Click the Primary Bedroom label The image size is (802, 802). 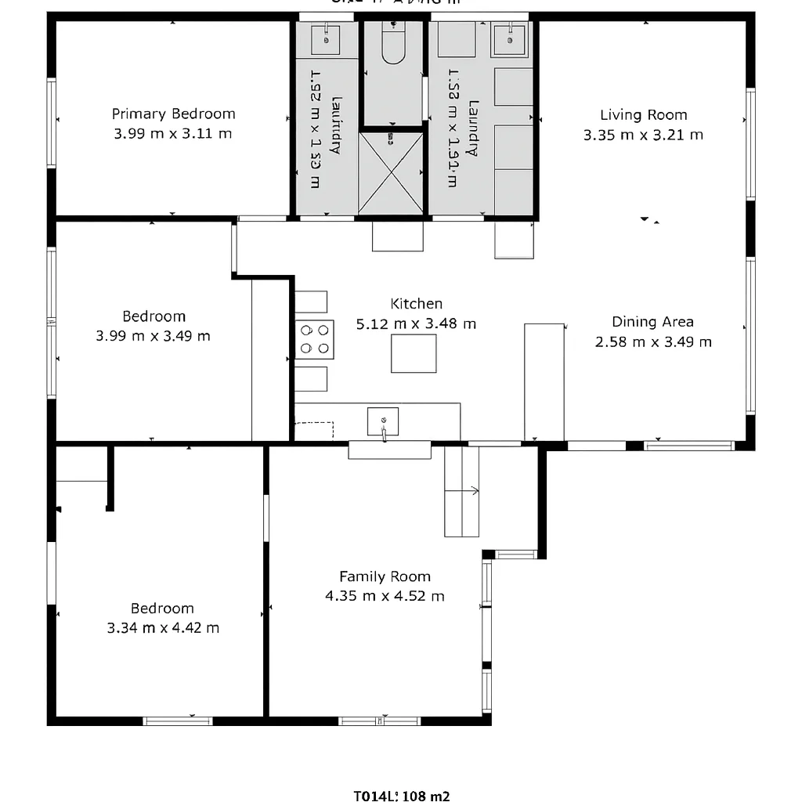(x=173, y=114)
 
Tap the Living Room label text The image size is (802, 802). (x=643, y=115)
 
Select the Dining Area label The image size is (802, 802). (x=652, y=322)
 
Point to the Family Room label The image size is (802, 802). (x=385, y=576)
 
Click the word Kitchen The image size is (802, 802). (x=416, y=304)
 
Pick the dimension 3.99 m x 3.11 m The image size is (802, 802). (x=173, y=134)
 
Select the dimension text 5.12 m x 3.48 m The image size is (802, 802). (x=416, y=323)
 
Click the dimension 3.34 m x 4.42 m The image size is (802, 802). (x=163, y=628)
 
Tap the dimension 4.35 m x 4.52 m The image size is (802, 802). (x=385, y=596)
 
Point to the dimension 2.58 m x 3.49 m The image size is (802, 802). (x=653, y=342)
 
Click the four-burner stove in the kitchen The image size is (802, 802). (x=314, y=340)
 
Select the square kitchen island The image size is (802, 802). (x=414, y=353)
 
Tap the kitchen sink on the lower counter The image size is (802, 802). (x=383, y=421)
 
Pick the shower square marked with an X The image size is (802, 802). (x=391, y=173)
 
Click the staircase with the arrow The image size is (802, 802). (x=461, y=491)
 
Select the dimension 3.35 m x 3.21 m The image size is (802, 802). (x=643, y=135)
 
